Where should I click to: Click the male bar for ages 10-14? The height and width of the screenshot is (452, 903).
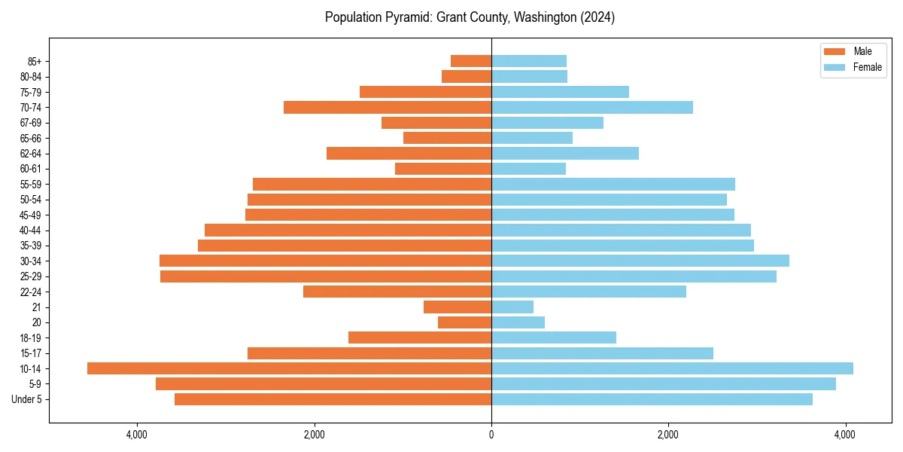pos(290,368)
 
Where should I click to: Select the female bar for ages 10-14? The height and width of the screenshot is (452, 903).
pos(672,368)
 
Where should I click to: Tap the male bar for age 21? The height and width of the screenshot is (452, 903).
pos(458,307)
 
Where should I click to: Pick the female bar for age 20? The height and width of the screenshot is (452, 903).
pos(518,322)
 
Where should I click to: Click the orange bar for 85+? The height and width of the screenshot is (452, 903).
pos(471,61)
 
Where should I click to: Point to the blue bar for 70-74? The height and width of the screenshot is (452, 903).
pos(592,107)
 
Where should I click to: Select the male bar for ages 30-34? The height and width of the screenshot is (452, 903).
pos(326,261)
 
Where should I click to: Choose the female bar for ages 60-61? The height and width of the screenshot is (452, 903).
pos(528,169)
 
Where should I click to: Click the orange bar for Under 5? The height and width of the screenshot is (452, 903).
pos(333,399)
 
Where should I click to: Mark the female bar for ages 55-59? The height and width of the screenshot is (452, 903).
pos(613,184)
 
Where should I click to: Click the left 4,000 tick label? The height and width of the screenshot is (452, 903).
pos(136,435)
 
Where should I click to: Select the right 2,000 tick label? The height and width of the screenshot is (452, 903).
pos(668,435)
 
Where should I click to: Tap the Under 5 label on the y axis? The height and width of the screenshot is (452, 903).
pos(27,399)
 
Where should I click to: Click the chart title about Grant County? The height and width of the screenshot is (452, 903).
pos(470,17)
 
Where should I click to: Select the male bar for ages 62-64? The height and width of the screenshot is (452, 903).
pos(409,153)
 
